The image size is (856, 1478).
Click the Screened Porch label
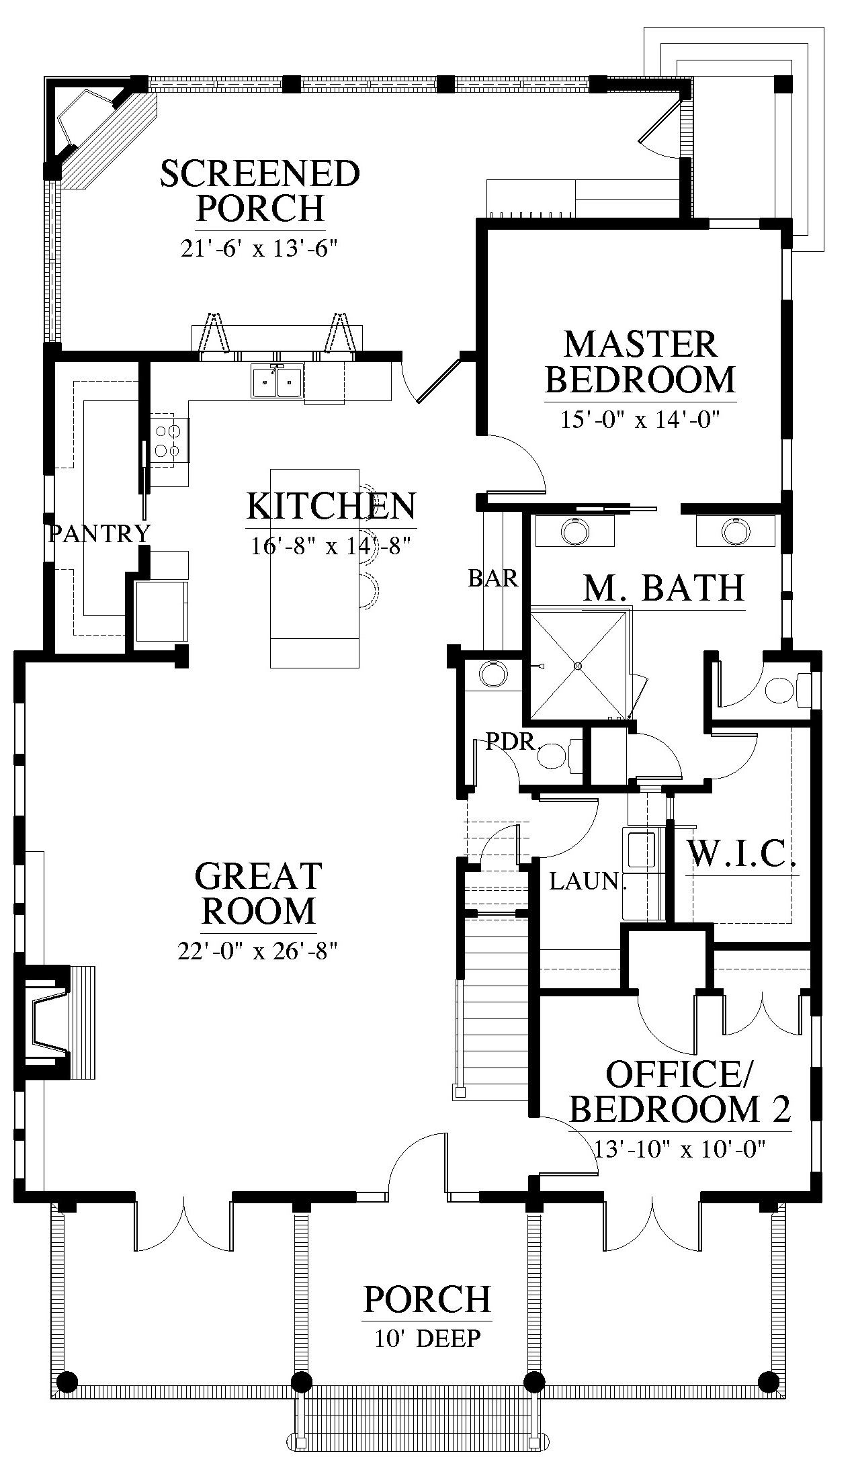click(x=260, y=191)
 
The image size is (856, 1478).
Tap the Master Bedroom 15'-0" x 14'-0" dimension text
click(x=640, y=420)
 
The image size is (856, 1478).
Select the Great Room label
click(x=259, y=894)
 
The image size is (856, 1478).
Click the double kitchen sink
click(x=277, y=382)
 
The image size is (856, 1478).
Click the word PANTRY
click(x=100, y=533)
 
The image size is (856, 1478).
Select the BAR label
click(x=494, y=578)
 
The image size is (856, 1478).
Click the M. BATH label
click(x=664, y=588)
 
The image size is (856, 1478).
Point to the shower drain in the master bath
click(x=577, y=666)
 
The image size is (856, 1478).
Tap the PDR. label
click(x=515, y=742)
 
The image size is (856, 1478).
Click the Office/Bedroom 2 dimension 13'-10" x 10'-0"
click(x=681, y=1148)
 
